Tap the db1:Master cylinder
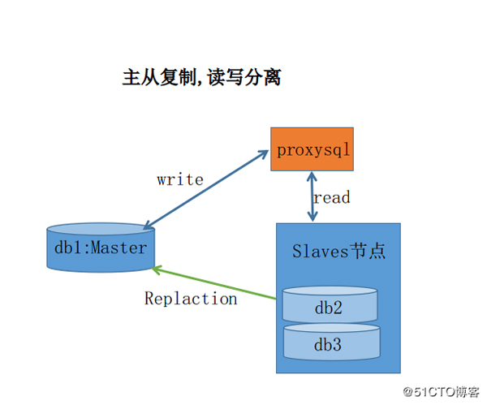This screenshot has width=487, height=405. pyautogui.click(x=96, y=248)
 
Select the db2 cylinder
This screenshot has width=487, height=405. pyautogui.click(x=330, y=307)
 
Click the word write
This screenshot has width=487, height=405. pyautogui.click(x=180, y=179)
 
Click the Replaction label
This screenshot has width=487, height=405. pyautogui.click(x=191, y=299)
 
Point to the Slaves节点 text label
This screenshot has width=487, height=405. pyautogui.click(x=338, y=250)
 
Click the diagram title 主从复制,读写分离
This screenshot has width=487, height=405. pyautogui.click(x=201, y=78)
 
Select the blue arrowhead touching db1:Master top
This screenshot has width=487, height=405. pyautogui.click(x=144, y=226)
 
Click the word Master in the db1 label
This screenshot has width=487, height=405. pyautogui.click(x=119, y=248)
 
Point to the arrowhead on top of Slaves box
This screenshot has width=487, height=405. pyautogui.click(x=312, y=217)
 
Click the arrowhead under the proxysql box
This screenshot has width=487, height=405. pyautogui.click(x=312, y=176)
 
